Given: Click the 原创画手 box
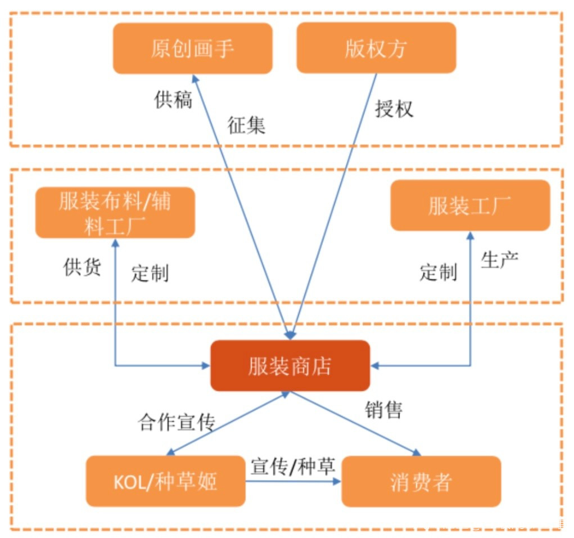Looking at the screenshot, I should click(192, 48).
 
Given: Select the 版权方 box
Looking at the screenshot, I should click(376, 48).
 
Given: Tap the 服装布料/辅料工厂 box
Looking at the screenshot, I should click(115, 213).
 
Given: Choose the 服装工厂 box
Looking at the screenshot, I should click(469, 206).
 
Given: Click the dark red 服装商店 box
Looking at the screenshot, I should click(290, 366).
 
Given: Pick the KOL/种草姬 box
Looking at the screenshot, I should click(165, 481).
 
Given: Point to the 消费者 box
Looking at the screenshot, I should click(421, 481).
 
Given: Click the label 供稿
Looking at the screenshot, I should click(173, 100).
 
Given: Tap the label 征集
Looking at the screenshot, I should click(246, 125).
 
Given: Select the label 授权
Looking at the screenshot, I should click(394, 108).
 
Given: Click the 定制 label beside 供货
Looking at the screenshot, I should click(150, 273).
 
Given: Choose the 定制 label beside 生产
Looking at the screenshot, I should click(438, 272).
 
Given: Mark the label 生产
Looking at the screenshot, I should click(499, 259).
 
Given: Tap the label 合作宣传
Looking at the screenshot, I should click(177, 422).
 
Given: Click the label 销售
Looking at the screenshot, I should click(383, 410).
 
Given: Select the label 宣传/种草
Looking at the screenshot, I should click(293, 466).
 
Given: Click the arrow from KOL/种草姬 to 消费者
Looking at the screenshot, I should click(293, 481).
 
